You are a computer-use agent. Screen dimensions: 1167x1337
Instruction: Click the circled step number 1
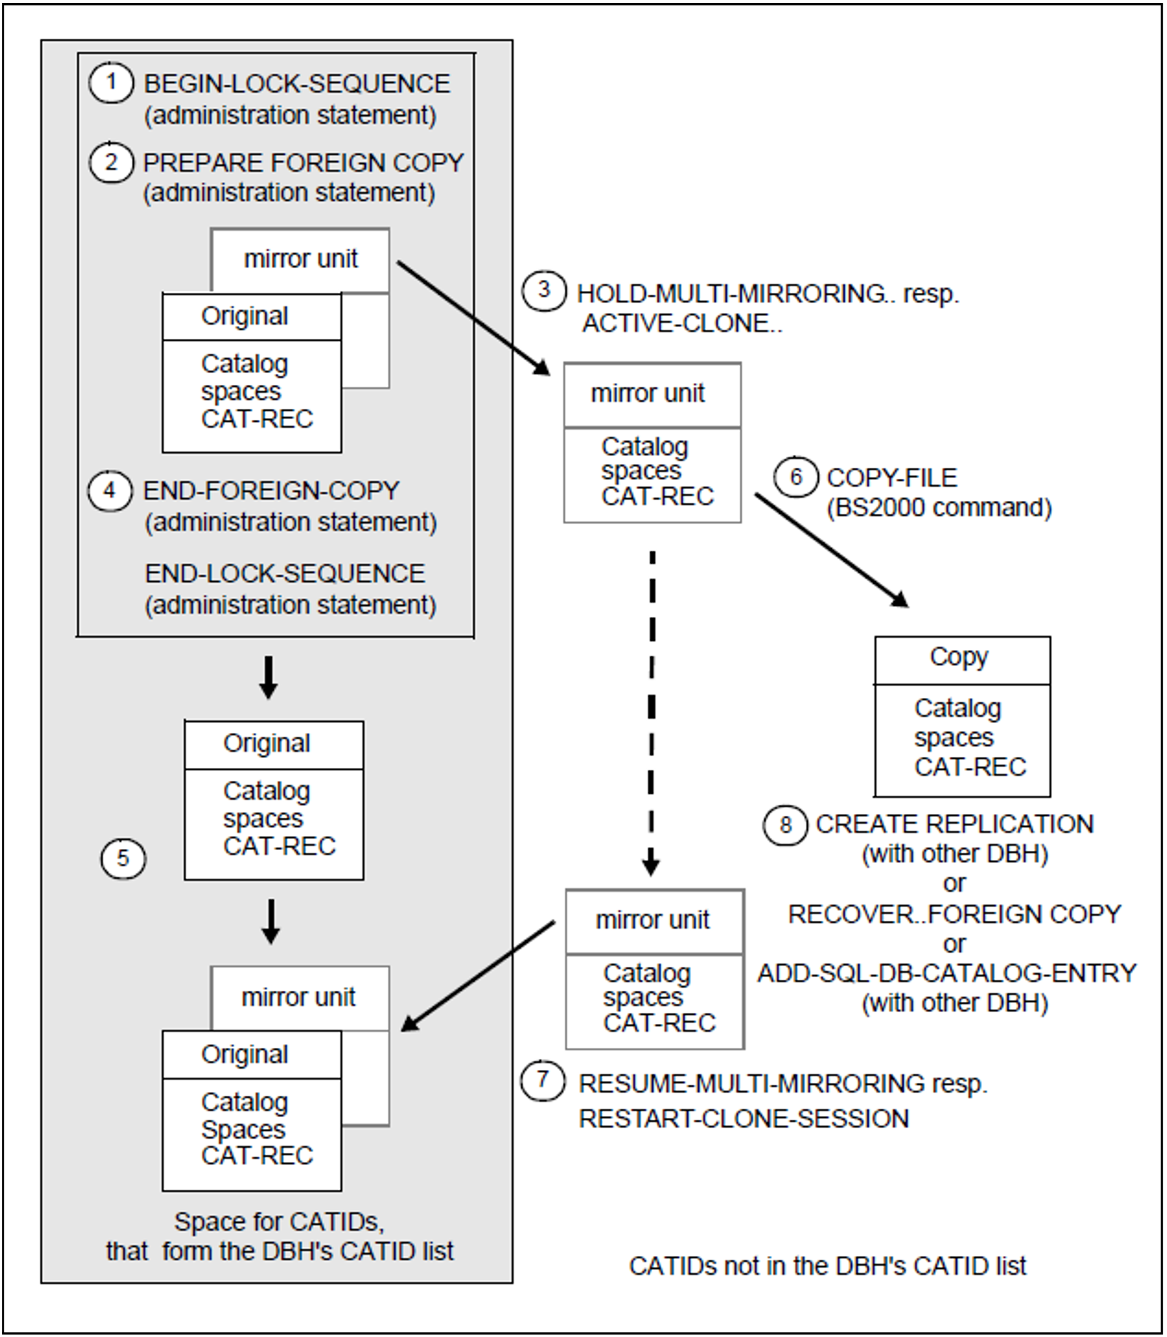pos(111,83)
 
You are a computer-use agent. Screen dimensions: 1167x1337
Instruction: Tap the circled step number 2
pos(111,161)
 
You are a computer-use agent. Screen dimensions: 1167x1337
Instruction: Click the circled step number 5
pos(123,858)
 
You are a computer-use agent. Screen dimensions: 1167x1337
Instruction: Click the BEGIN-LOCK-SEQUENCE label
pos(297,83)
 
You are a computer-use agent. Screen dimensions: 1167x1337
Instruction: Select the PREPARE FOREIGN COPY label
pos(303,162)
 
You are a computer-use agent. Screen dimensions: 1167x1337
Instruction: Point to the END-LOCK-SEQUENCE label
pos(285,573)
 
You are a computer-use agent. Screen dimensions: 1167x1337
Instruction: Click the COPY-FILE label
pos(892,478)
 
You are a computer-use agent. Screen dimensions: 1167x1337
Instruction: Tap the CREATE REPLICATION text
pos(955,824)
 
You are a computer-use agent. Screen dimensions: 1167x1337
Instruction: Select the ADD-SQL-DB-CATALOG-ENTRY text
pos(947,972)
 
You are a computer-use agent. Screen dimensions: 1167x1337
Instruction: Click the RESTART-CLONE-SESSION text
pos(743,1118)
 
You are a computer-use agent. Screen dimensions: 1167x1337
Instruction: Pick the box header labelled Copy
pos(963,661)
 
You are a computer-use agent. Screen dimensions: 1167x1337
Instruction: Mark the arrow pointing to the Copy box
pos(832,550)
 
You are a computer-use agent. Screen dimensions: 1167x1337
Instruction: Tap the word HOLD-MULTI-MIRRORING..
pos(731,293)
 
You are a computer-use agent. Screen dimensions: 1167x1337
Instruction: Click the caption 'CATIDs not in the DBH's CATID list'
pos(828,1266)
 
